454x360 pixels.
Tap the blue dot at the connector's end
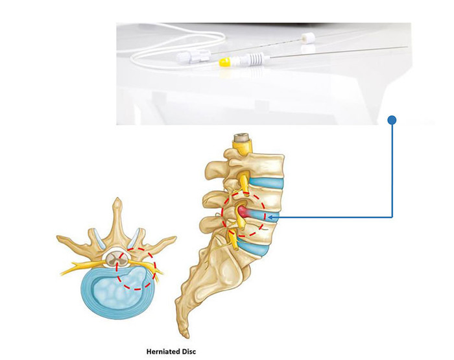392,120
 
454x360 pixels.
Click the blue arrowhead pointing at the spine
271,217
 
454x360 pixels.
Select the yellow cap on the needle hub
225,62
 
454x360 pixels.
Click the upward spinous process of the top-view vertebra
117,208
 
